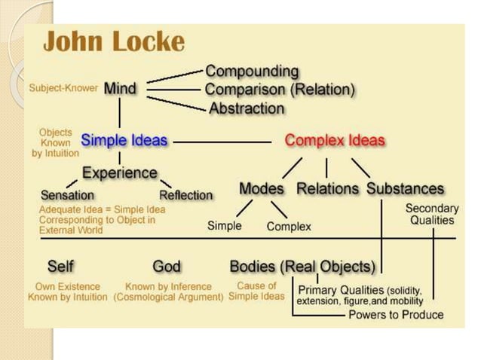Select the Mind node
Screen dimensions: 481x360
tap(120, 88)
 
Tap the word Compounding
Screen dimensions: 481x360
tap(252, 72)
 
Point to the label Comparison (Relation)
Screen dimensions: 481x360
tap(280, 90)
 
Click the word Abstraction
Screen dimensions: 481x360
tap(247, 108)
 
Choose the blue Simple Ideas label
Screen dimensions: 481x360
tap(124, 140)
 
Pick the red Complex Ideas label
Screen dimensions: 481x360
tap(335, 141)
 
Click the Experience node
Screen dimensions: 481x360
tap(120, 172)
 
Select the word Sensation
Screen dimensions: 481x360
tap(67, 194)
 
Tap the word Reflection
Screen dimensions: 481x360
tap(186, 195)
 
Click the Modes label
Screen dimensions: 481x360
tap(262, 189)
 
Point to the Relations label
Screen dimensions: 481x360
tap(329, 189)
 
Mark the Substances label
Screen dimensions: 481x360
tap(406, 189)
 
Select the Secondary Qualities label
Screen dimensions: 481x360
tap(432, 214)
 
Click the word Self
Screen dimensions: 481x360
tap(60, 267)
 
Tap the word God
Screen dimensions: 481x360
tap(167, 267)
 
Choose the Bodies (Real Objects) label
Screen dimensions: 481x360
tap(302, 267)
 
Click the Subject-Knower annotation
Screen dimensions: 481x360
tap(63, 88)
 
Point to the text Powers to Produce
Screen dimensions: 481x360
tap(396, 315)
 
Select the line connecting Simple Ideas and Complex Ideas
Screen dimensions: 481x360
tap(222, 141)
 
